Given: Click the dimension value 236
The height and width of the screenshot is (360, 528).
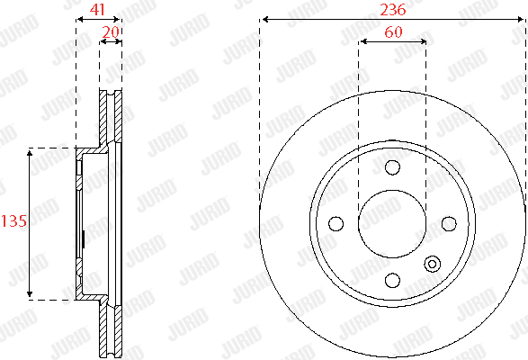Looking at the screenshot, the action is point(393,10).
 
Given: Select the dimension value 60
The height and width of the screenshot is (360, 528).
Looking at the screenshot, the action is point(393,32).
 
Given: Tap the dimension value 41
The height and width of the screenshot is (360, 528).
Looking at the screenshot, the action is point(98,10).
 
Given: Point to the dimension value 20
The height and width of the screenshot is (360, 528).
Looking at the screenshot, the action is point(111,32).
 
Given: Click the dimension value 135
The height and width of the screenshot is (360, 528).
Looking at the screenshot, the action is point(14,221).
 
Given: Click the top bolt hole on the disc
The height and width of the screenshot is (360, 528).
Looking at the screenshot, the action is point(392,167).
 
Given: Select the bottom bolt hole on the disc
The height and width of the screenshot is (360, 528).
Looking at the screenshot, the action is point(392,280).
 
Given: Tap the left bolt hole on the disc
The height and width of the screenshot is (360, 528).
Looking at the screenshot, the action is point(336,223).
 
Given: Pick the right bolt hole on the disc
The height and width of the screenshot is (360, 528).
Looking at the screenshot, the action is point(449,223).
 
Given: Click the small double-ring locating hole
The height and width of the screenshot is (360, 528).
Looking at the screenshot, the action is point(432,264).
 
